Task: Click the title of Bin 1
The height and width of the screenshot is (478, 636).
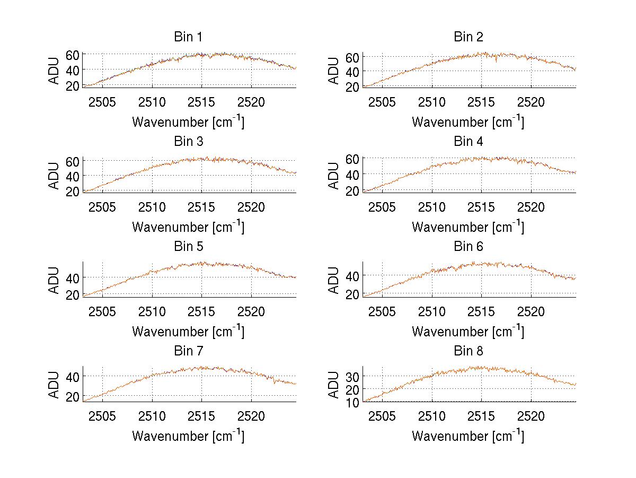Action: click(188, 37)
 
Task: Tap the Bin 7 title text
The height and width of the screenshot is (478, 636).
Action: click(188, 351)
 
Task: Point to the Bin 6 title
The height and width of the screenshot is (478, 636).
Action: click(469, 247)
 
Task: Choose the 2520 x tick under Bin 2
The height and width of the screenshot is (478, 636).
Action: click(531, 102)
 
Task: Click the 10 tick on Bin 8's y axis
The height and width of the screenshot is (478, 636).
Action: click(353, 402)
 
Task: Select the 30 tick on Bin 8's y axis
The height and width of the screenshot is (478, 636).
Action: click(353, 376)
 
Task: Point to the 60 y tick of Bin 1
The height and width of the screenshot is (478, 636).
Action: click(73, 54)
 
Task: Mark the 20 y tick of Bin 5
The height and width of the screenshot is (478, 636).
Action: click(73, 295)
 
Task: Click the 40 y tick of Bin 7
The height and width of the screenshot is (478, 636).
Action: click(73, 376)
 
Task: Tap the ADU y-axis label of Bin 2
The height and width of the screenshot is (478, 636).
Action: click(333, 70)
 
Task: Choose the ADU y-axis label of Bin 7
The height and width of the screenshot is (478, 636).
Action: click(54, 385)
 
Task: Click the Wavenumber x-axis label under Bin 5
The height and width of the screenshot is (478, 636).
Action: click(188, 332)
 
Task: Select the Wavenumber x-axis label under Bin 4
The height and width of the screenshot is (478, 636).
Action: click(469, 227)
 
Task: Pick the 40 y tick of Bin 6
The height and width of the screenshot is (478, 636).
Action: click(353, 275)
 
